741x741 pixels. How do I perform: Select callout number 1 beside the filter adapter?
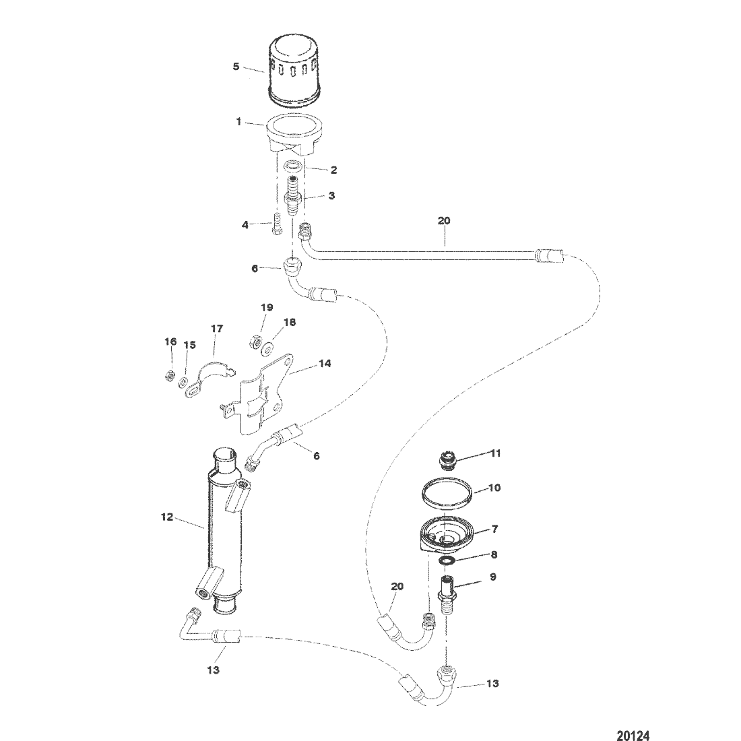coord(239,122)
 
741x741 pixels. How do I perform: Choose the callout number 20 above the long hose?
coord(444,221)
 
